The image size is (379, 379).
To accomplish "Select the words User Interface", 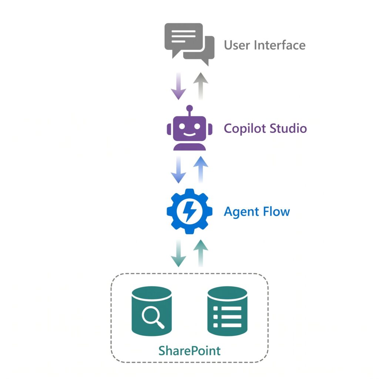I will pos(265,46).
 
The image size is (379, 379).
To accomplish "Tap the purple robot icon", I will pos(189,129).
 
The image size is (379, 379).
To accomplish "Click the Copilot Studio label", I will pos(265,128).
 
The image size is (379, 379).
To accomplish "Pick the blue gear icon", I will pos(189,211).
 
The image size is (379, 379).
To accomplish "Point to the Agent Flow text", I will pos(257,212).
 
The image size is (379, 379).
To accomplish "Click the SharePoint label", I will pos(189,350).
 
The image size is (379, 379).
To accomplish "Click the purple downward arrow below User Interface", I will pos(178,86).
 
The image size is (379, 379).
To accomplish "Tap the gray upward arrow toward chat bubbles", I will pos(201,86).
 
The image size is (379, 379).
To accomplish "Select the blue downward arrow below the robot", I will pos(178,170).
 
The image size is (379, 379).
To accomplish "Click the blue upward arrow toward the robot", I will pos(201,170).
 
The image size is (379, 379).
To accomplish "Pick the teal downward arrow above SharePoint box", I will pos(178,254).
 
